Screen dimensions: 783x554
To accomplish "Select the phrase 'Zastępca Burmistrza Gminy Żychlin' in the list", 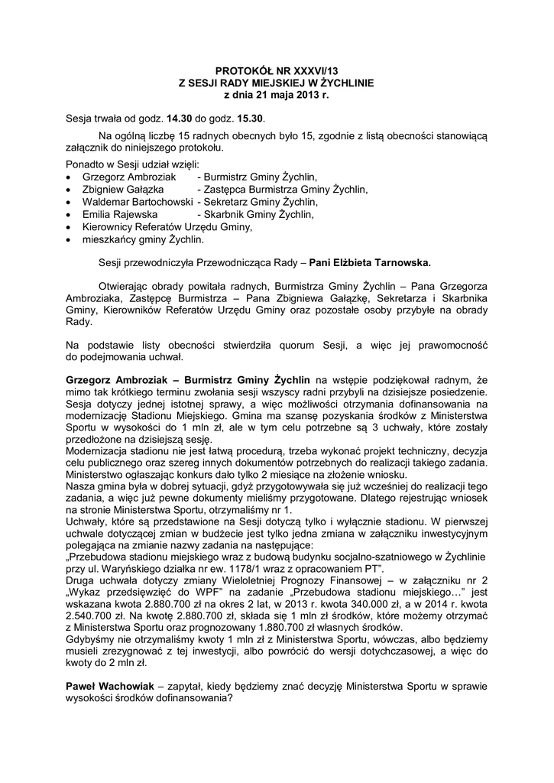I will point(282,189).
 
